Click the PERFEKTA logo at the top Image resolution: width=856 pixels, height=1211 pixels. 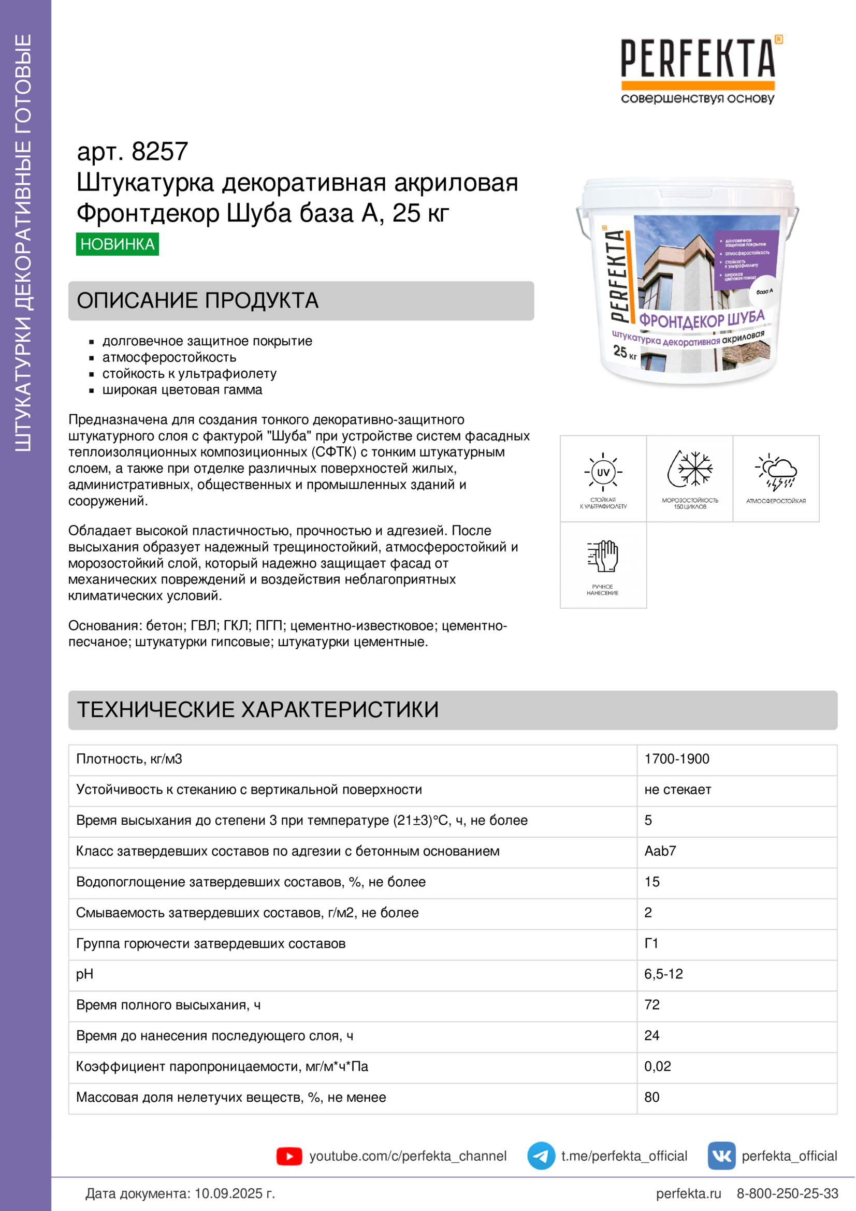coord(698,68)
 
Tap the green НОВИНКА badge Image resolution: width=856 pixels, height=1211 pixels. coord(117,244)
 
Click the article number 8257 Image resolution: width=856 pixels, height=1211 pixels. coord(159,151)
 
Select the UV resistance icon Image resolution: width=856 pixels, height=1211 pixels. coord(603,472)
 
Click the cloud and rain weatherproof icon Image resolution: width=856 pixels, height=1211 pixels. coord(776,471)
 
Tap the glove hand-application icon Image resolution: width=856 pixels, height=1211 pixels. coord(603,557)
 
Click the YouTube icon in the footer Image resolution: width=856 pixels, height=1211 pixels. coord(289,1156)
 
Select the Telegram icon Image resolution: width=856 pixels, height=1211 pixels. coord(541,1156)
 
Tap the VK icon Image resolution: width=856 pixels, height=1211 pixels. coord(721,1156)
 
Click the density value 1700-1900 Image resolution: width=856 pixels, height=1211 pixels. coord(677,759)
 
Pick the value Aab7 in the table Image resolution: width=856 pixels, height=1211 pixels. coord(660,851)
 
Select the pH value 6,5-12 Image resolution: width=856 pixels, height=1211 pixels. coord(663,974)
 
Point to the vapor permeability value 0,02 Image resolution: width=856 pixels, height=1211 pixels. coord(657,1066)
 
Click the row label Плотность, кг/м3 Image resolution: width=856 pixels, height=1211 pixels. coord(129,759)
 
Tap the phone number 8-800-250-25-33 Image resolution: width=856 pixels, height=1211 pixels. coord(787,1193)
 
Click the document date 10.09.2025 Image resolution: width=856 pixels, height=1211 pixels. coord(228,1193)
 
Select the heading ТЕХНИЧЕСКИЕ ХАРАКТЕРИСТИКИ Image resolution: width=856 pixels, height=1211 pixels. coord(257,709)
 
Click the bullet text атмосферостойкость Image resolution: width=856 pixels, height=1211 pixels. coord(169,358)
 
